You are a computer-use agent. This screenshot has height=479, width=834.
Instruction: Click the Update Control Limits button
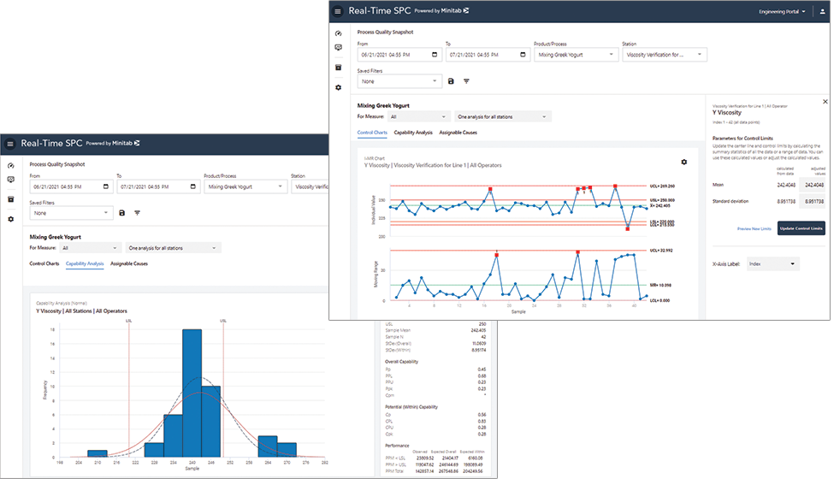pos(801,228)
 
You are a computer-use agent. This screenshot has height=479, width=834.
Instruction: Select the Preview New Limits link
pos(754,228)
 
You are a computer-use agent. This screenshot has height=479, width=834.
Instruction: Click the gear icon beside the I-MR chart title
pos(683,162)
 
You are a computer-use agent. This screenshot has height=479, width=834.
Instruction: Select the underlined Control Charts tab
pos(372,133)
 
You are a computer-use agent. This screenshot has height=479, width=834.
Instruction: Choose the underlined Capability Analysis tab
pos(85,263)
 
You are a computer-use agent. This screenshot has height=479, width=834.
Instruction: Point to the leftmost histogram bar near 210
pos(98,452)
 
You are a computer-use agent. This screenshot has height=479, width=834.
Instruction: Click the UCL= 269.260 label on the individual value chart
pos(663,186)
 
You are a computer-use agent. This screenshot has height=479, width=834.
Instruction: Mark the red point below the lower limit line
pos(628,228)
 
